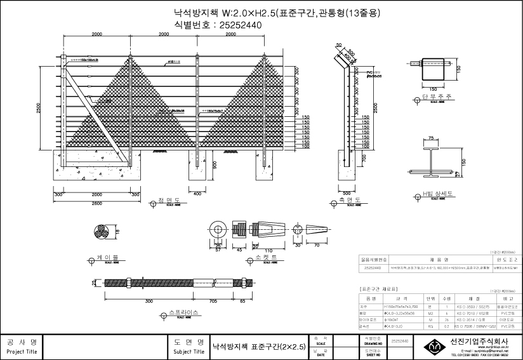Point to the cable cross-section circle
(x=102, y=232)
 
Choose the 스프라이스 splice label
(x=184, y=312)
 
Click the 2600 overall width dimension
(x=97, y=203)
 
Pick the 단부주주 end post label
(x=436, y=97)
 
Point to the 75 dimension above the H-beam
(x=432, y=137)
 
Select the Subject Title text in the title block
(x=189, y=350)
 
